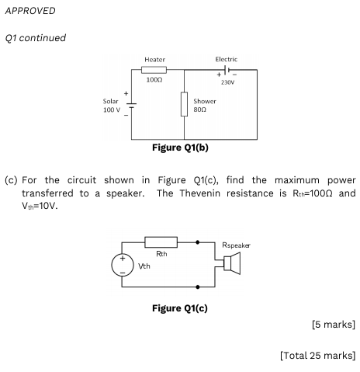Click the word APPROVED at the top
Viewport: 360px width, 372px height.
point(30,11)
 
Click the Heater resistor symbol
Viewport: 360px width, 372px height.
point(154,70)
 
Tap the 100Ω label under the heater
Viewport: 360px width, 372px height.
point(154,80)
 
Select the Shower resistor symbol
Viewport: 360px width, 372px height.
point(184,104)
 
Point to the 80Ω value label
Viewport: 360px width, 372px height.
point(200,110)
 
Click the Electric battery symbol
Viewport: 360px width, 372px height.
point(227,70)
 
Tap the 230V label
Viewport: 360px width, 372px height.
point(227,82)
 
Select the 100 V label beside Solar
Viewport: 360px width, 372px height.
point(112,110)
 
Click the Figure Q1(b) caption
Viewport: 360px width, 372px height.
point(180,148)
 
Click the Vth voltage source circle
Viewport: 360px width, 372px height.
point(123,265)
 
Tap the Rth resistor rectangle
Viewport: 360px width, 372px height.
point(161,242)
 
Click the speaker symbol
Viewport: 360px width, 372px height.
point(232,263)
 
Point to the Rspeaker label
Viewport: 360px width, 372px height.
point(236,245)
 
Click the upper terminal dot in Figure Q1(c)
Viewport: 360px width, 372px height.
point(198,242)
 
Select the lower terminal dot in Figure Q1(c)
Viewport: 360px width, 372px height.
point(198,287)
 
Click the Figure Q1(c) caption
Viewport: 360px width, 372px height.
point(180,308)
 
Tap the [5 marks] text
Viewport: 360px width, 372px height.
point(334,325)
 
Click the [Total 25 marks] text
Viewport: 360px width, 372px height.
point(318,356)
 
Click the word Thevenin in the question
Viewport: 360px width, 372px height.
point(200,193)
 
